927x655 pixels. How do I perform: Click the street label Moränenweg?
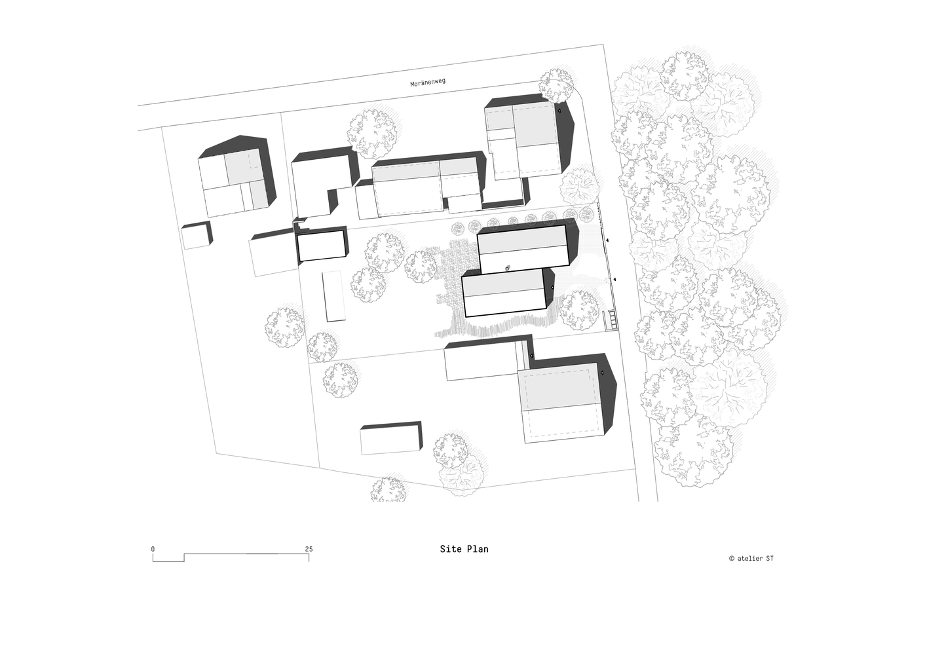(x=428, y=83)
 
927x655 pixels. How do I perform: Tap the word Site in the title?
(x=448, y=549)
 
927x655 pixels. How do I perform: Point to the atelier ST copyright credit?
(x=751, y=558)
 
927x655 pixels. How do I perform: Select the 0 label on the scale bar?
(x=153, y=549)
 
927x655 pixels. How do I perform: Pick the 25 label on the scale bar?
(x=309, y=549)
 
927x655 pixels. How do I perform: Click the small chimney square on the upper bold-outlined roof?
(x=507, y=269)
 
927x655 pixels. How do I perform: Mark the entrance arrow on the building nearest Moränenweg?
(x=558, y=111)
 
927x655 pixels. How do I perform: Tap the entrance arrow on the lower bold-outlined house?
(x=552, y=287)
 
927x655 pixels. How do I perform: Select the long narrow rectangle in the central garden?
(x=333, y=296)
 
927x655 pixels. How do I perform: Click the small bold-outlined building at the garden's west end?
(x=322, y=246)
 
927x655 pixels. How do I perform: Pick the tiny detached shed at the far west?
(x=197, y=235)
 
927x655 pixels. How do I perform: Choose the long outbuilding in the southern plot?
(x=391, y=439)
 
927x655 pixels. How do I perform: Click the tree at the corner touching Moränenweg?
(x=556, y=86)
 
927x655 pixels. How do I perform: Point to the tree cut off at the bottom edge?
(x=388, y=490)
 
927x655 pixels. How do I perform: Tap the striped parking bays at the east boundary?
(x=612, y=320)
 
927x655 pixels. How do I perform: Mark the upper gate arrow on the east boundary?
(x=607, y=240)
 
